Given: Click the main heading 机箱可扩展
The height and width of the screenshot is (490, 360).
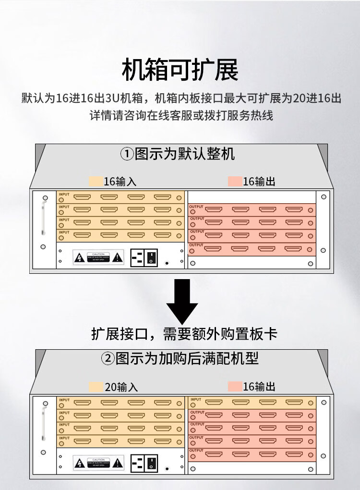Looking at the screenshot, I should (x=180, y=71).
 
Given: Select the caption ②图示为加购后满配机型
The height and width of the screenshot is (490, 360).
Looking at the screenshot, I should (x=180, y=358).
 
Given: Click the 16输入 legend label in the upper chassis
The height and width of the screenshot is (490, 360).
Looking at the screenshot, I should (x=120, y=182).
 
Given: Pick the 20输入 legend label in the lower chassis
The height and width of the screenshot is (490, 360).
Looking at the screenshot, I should (x=121, y=387).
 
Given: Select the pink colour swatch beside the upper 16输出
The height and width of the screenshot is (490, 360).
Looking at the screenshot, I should (x=235, y=182).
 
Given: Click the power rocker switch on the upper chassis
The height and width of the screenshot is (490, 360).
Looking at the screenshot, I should (x=152, y=257).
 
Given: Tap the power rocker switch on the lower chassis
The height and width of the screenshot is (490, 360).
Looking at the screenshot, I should (x=152, y=464).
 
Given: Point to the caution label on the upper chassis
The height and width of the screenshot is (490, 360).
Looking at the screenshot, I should (x=98, y=257).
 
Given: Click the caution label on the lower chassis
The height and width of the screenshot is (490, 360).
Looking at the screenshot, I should (x=98, y=464).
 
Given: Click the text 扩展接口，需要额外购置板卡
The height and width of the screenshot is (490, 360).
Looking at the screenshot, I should (x=184, y=334).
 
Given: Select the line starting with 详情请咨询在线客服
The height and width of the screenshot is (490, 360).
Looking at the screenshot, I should (x=181, y=116).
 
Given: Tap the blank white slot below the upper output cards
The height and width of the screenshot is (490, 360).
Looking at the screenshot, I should (x=252, y=263).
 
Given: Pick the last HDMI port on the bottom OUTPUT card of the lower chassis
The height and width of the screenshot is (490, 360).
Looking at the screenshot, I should (x=293, y=454).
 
